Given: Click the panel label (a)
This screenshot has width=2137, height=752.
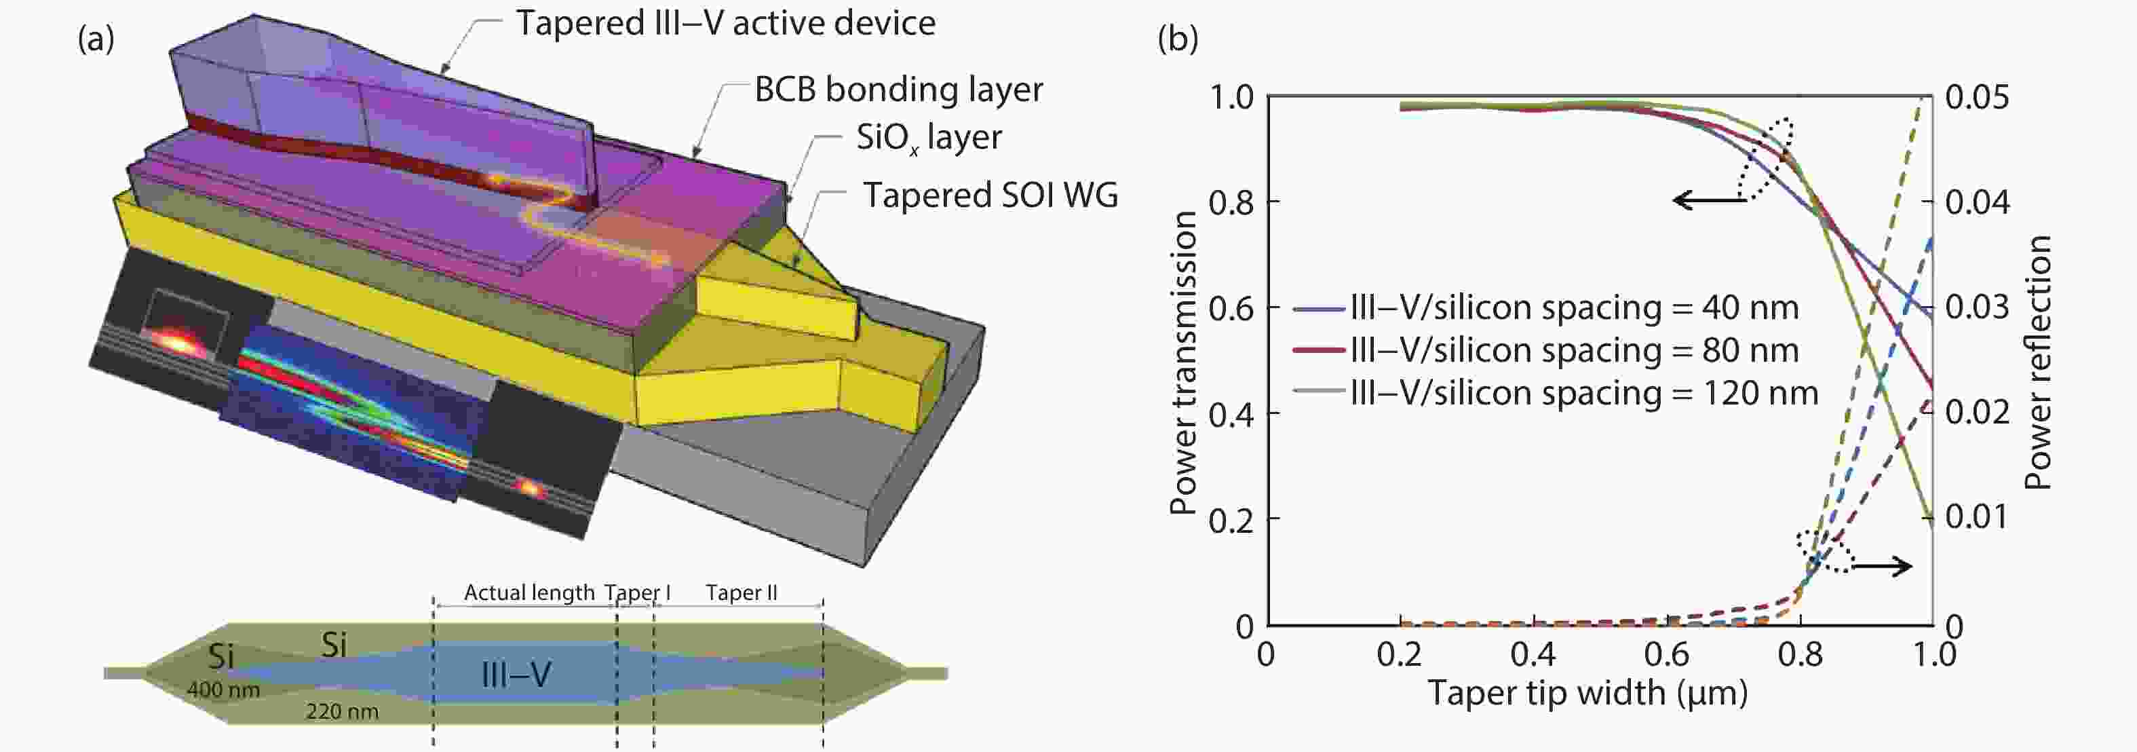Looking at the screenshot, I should click(96, 39).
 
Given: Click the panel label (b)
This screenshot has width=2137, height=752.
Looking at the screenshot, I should click(1177, 39).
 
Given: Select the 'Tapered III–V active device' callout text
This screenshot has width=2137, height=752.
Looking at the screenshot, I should click(725, 22).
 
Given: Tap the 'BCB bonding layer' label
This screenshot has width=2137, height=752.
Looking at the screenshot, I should click(898, 90).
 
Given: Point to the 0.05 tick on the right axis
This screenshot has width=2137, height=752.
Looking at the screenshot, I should click(1977, 98).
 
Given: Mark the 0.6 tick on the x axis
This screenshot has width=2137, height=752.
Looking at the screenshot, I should click(1667, 655).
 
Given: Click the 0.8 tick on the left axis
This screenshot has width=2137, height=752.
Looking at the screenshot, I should click(1231, 202).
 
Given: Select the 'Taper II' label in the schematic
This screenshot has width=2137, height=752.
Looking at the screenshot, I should click(741, 593).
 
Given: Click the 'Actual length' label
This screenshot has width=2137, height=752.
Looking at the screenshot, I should click(528, 593).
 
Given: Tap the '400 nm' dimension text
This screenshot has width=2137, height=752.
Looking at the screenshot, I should click(223, 690).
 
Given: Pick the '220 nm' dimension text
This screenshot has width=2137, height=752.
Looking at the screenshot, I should click(342, 711).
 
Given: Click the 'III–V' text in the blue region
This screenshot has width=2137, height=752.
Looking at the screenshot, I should click(516, 675).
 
